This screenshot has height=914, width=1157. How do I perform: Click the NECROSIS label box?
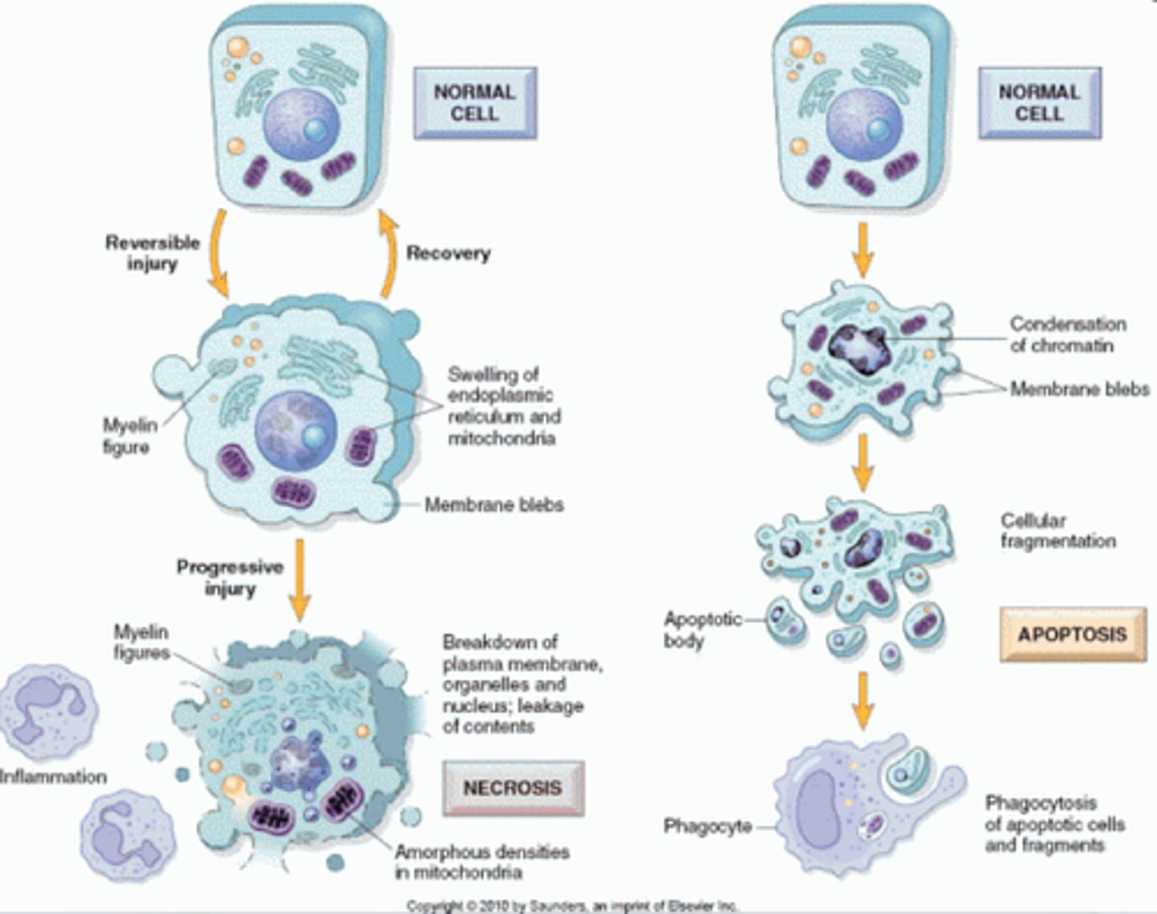[513, 787]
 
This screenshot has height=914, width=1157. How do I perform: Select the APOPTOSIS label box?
[1072, 634]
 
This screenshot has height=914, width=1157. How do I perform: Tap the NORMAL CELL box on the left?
[474, 103]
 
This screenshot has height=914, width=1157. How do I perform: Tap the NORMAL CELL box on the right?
[1039, 103]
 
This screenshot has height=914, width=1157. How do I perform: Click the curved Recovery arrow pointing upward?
[388, 256]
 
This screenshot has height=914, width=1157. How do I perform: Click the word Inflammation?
[53, 777]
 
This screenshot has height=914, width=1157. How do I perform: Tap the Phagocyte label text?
[707, 826]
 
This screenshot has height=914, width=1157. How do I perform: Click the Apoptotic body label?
[692, 630]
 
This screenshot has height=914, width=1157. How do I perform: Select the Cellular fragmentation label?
[1057, 531]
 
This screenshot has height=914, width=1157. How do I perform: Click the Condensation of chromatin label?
[1067, 334]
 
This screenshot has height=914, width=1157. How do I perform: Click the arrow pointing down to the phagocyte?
[862, 699]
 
